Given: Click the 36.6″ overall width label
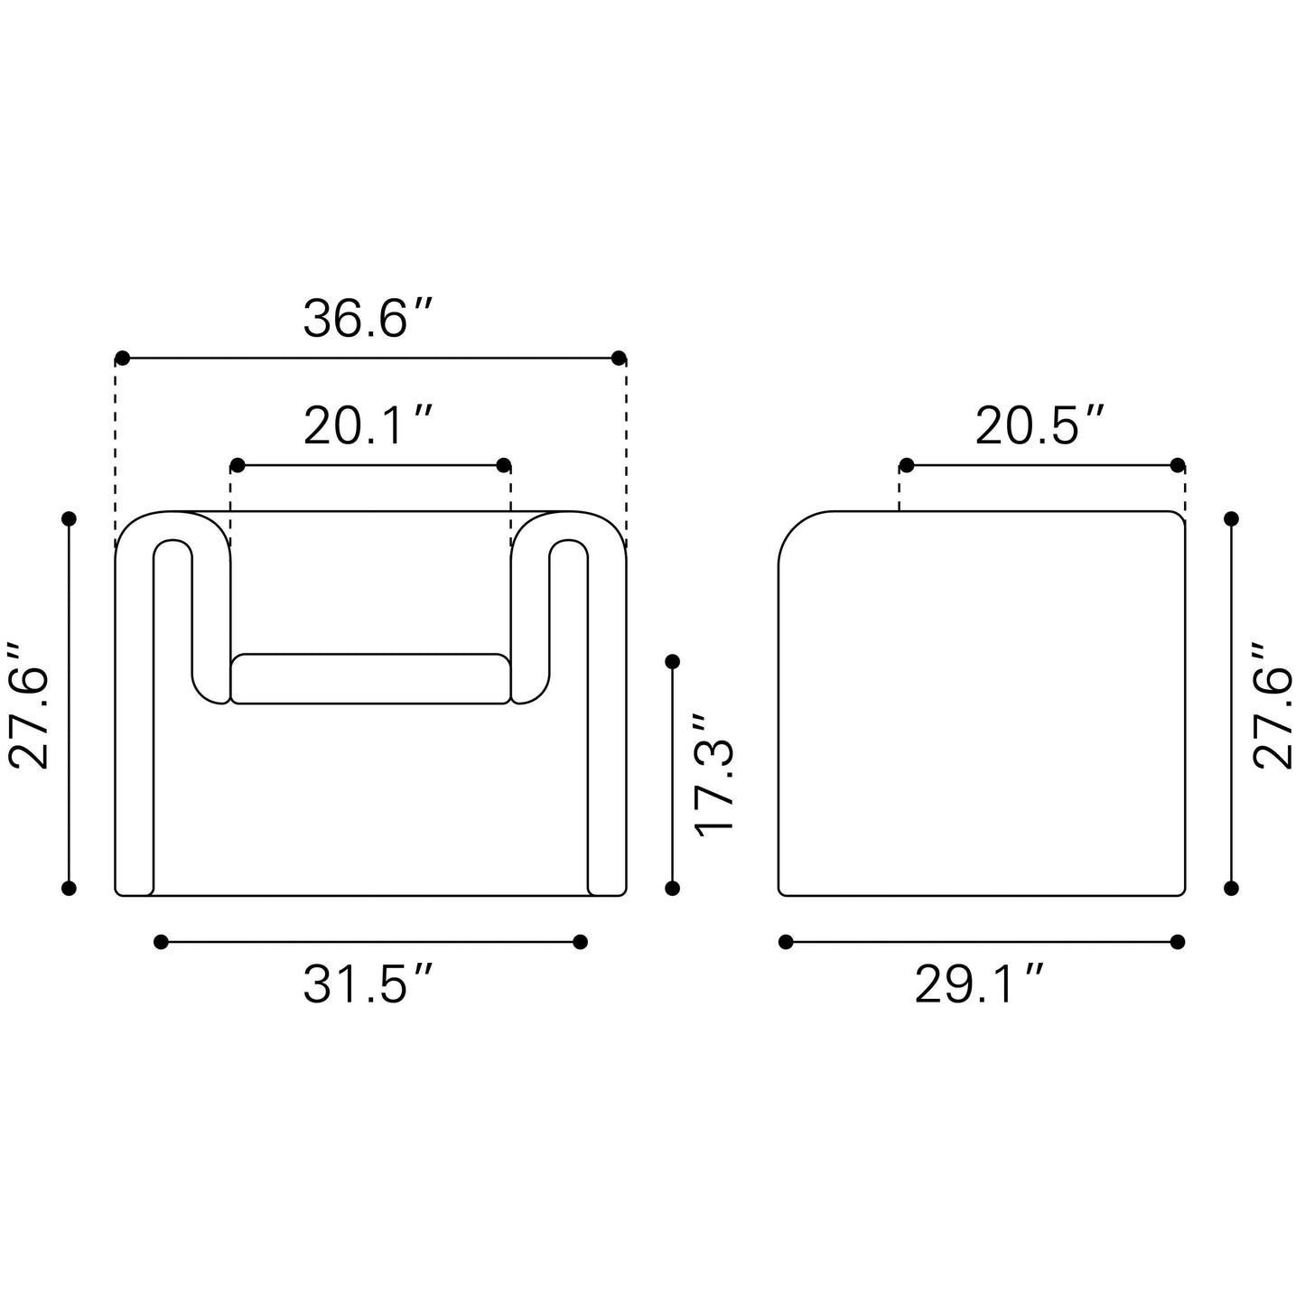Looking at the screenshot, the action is click(x=367, y=318).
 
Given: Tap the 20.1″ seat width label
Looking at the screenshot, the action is click(x=367, y=426).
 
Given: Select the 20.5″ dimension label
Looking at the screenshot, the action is click(x=1039, y=426).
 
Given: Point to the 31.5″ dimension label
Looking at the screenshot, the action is click(x=367, y=984).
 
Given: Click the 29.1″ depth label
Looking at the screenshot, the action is click(x=979, y=984).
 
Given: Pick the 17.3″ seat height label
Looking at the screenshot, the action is click(x=713, y=775).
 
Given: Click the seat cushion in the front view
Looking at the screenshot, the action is click(x=370, y=679).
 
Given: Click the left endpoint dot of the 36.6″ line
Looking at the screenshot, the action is click(x=123, y=359).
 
